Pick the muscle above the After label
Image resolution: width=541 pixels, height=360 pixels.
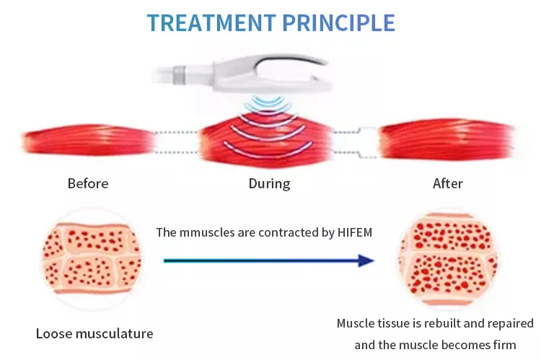pyautogui.click(x=447, y=138)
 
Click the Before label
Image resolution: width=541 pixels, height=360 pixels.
pyautogui.click(x=88, y=183)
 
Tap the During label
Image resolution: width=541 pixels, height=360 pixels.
pyautogui.click(x=269, y=183)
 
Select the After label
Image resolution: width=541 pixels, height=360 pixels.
pyautogui.click(x=447, y=183)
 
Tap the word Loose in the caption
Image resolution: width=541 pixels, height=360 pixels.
pyautogui.click(x=53, y=333)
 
